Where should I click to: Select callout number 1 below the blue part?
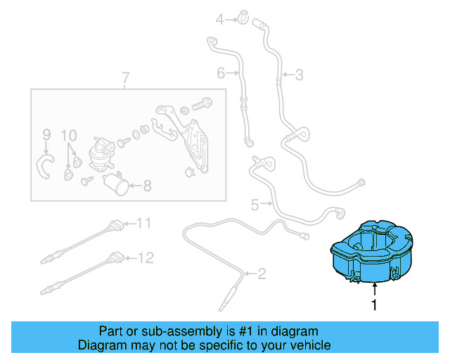click(374, 306)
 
